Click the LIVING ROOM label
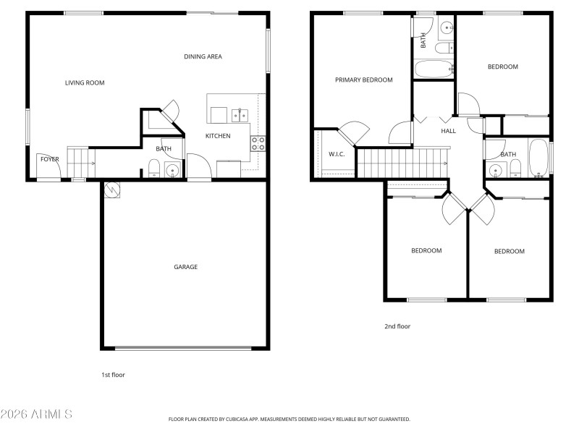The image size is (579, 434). tap(85, 83)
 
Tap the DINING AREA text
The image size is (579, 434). tap(203, 56)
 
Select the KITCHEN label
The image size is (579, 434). tap(218, 136)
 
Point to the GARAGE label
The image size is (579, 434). tap(185, 267)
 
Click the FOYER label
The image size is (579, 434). tap(49, 159)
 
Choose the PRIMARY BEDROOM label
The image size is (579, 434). tap(363, 80)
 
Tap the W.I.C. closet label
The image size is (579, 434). tap(336, 154)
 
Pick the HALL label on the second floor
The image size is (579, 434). tap(449, 131)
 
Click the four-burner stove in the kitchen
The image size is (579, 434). tap(258, 143)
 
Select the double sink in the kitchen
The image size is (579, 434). tap(240, 115)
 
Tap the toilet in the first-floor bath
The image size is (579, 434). tap(153, 169)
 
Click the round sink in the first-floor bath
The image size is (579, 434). tap(172, 171)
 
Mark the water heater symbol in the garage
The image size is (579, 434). tap(111, 190)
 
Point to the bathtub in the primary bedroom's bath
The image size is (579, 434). tap(434, 70)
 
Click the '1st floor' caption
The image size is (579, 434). tap(113, 375)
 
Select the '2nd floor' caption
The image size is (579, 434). tap(397, 326)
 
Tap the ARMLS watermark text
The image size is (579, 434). tap(36, 414)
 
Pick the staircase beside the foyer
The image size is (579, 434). tap(81, 163)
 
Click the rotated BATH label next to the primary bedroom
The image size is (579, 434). tap(423, 41)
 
